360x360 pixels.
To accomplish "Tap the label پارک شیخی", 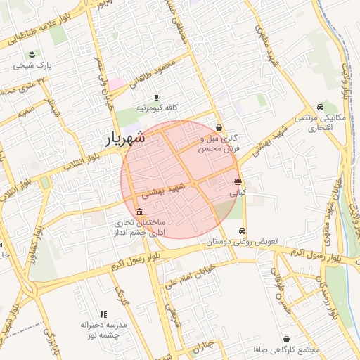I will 32,67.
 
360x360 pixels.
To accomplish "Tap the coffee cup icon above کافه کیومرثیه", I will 157,97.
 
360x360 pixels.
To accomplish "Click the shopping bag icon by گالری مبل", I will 220,128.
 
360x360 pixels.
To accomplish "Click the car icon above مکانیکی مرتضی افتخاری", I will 320,107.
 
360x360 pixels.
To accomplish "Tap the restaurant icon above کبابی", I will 238,181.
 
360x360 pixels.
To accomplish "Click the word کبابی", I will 238,191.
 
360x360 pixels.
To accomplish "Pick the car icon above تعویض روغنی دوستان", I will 243,231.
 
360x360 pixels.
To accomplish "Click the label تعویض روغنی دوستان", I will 243,241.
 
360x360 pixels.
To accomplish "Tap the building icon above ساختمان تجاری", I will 139,212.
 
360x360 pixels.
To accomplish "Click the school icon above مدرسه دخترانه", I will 103,314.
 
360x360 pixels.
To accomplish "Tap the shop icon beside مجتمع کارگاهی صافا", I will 285,339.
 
